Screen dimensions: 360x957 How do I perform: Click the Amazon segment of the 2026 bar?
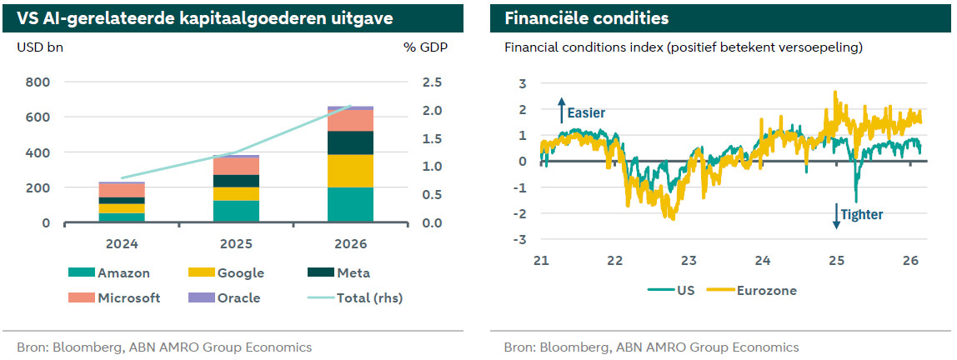[350, 205]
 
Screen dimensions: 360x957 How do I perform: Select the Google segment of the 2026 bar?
[350, 171]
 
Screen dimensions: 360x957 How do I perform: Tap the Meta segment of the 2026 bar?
[350, 142]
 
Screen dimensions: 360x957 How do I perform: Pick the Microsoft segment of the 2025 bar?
[236, 166]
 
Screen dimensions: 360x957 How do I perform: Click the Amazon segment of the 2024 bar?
[122, 217]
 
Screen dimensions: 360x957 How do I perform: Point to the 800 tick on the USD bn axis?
[38, 82]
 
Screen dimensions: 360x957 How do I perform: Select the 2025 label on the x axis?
[236, 244]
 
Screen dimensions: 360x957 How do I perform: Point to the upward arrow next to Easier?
[561, 109]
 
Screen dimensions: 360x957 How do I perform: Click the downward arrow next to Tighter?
[835, 217]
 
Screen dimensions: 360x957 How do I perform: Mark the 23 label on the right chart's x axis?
[689, 261]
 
